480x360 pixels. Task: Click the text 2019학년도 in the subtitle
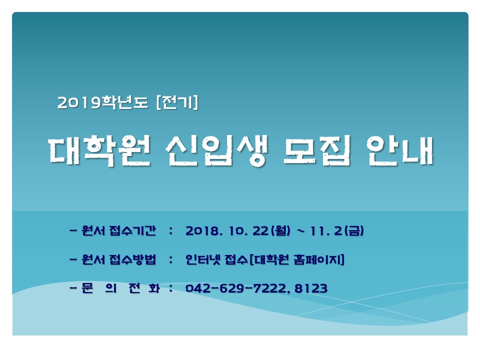click(102, 102)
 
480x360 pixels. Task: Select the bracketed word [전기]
click(177, 102)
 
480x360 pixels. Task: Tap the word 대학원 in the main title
click(100, 151)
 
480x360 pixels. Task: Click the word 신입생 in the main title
click(216, 151)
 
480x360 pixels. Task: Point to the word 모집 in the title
click(317, 151)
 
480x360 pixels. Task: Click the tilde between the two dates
click(301, 230)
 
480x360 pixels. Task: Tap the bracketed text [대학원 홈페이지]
click(297, 259)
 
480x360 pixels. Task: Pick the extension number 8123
click(311, 288)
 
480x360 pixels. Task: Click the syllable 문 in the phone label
click(87, 288)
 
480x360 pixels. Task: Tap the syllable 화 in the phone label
click(154, 288)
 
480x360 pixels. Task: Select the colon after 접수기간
click(171, 231)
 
